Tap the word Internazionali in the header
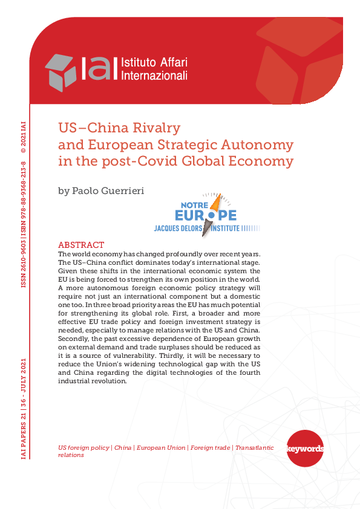point(154,76)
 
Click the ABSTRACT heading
point(81,245)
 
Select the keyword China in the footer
point(123,448)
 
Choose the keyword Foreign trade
point(210,448)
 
